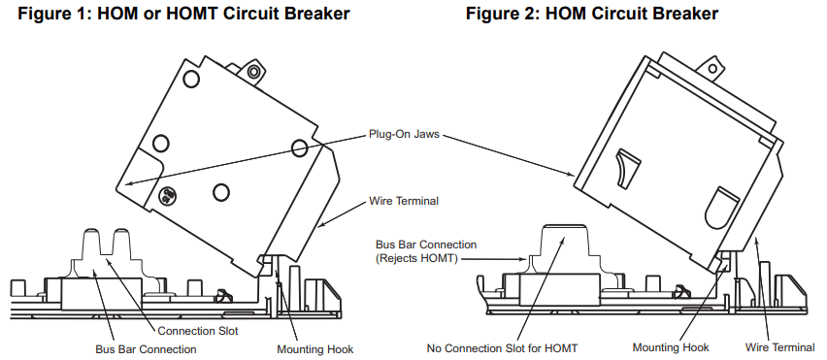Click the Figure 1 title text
click(184, 14)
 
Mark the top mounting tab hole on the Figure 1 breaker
click(253, 72)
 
